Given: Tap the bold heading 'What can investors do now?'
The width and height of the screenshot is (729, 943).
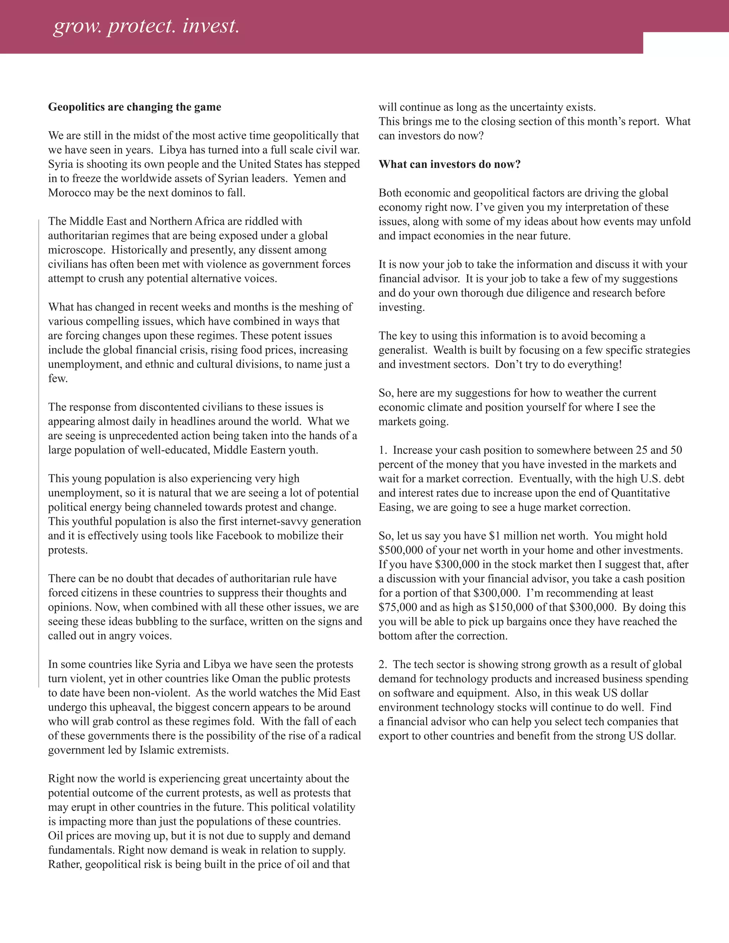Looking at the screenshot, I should coord(450,164).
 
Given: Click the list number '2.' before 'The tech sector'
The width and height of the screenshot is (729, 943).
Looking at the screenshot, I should coord(383,664).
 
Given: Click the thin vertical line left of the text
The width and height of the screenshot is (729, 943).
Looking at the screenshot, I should coord(39,453).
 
